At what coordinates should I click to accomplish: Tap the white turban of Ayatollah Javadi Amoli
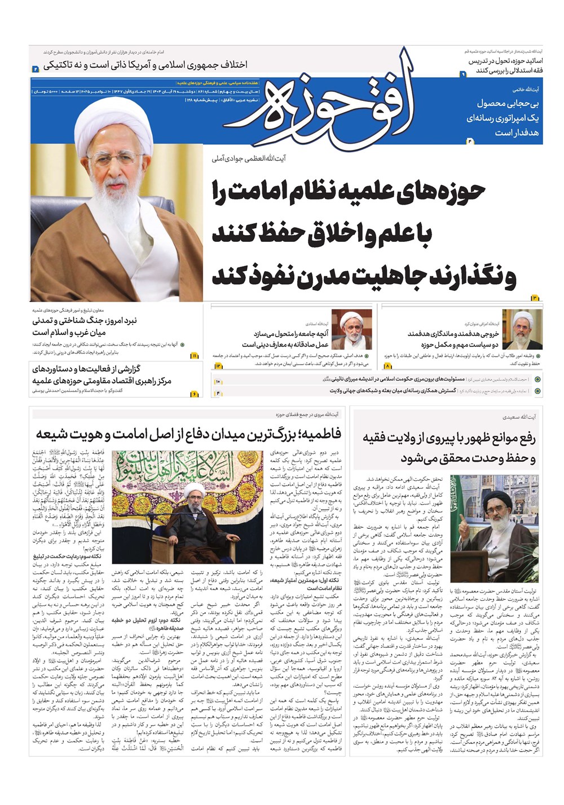(x=115, y=113)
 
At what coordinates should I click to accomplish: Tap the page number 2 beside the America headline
(x=36, y=69)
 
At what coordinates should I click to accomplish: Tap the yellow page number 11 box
(x=195, y=356)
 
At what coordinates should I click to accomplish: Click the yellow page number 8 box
(x=388, y=366)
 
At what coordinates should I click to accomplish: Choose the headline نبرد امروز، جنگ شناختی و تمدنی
(x=85, y=321)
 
